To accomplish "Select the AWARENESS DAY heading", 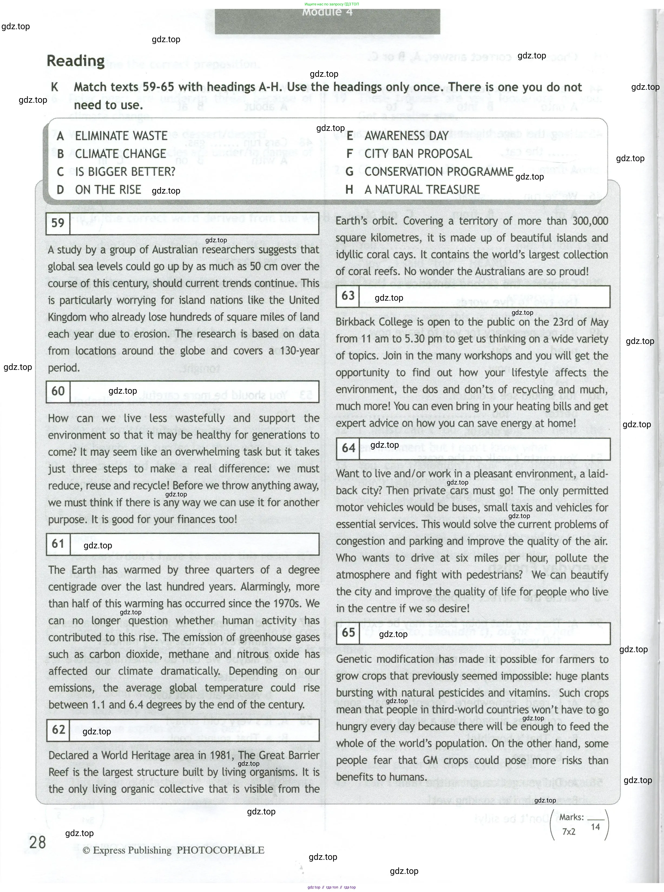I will [406, 136].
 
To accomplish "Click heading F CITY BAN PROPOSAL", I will [418, 154].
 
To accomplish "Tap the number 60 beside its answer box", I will [58, 391].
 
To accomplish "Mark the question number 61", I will [58, 544].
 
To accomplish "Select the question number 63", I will [348, 296].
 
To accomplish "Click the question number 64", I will [349, 448].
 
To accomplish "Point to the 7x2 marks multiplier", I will [568, 832].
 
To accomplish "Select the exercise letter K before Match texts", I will [55, 87].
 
